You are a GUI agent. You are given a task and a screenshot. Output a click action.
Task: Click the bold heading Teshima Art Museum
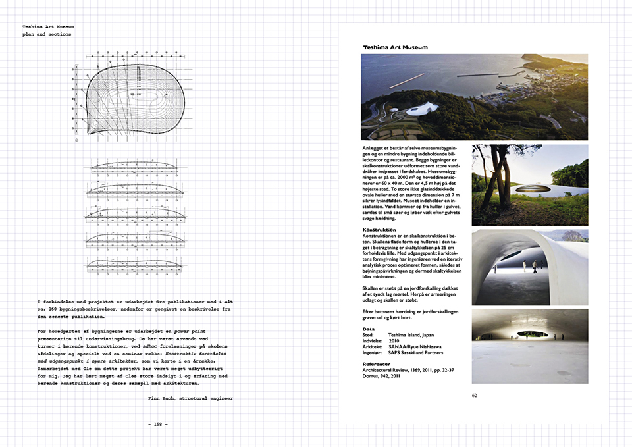point(396,47)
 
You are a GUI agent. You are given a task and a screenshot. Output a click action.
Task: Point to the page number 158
point(158,424)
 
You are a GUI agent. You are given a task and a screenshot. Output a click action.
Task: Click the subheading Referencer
point(381,363)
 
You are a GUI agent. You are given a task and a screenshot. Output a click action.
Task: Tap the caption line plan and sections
point(47,34)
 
